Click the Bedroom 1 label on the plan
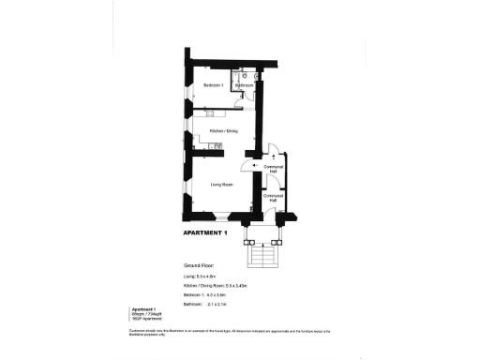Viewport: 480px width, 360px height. pos(214,85)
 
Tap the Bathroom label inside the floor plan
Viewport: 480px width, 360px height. pos(245,86)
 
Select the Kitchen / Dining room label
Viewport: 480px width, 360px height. pos(223,130)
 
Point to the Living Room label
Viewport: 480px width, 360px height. pos(222,185)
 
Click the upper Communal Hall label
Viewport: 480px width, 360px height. pos(274,169)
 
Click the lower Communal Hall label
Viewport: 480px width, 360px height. pos(274,199)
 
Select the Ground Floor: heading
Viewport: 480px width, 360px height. pos(198,266)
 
